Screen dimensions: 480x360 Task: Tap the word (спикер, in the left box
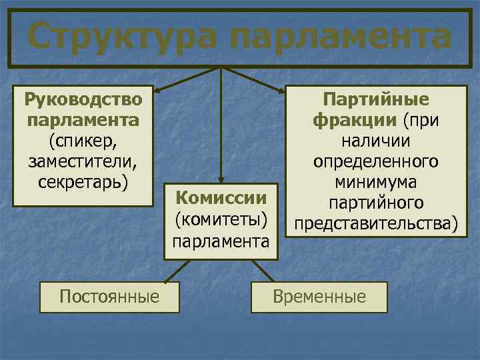point(83,141)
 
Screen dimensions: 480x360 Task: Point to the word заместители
point(83,161)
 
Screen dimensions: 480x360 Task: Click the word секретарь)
point(83,181)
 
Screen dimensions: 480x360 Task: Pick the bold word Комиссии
point(221,198)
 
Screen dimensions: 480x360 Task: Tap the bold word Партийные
point(376,100)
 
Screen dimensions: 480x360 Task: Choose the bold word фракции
point(354,121)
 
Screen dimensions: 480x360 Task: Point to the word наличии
point(376,141)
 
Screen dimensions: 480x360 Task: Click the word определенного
point(376,161)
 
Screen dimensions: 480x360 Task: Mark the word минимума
point(376,182)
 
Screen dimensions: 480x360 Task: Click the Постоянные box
point(109,297)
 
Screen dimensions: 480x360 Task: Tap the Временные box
point(319,297)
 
